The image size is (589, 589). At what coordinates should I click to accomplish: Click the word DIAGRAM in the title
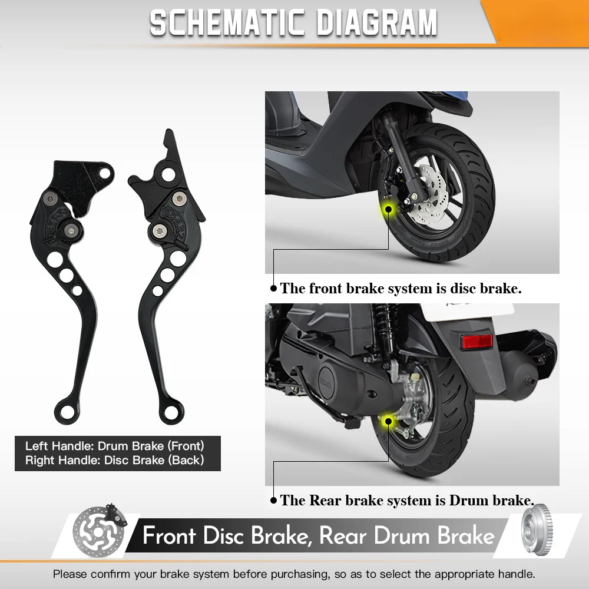(x=377, y=23)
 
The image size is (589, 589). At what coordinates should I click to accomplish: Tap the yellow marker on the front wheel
(x=388, y=208)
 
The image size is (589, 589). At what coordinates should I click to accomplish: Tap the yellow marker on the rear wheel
(x=388, y=421)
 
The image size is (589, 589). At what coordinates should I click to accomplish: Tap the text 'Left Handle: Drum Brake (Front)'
(x=114, y=446)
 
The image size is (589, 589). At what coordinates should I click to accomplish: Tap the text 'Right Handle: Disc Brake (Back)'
(x=114, y=460)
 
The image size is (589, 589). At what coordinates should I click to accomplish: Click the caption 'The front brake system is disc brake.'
(x=401, y=289)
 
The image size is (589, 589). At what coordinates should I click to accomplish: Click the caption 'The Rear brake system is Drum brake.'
(x=407, y=501)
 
